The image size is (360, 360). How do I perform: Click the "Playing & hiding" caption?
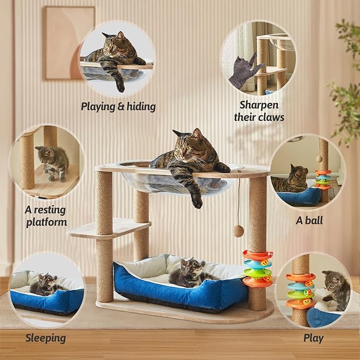tap(118, 107)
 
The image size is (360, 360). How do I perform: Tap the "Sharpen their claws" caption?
tap(259, 111)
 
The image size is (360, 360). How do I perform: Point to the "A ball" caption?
tap(309, 219)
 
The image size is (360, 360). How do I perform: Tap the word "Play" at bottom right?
tap(313, 338)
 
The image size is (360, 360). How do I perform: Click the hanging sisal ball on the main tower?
tap(239, 230)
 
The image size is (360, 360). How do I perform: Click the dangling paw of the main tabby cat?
tap(197, 200)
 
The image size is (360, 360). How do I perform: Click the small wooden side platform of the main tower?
tap(109, 227)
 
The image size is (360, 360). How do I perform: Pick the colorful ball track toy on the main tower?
tap(257, 268)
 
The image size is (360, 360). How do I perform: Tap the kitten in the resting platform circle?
tap(53, 161)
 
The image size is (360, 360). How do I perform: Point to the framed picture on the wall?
tap(69, 43)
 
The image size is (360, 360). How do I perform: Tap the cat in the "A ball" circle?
tap(292, 179)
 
